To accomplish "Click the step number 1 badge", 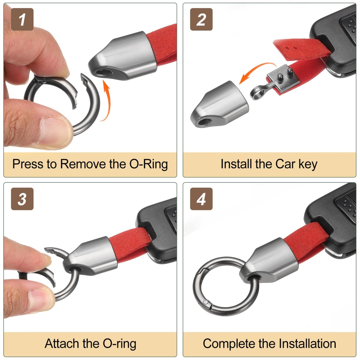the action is (22, 19).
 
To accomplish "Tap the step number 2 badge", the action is (201, 19).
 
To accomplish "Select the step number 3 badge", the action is (22, 199).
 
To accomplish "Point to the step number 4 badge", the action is (201, 199).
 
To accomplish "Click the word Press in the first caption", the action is (28, 164).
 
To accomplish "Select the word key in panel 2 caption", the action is (308, 164).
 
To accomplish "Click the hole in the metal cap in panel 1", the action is (103, 72).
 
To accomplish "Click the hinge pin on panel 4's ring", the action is (206, 302).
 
